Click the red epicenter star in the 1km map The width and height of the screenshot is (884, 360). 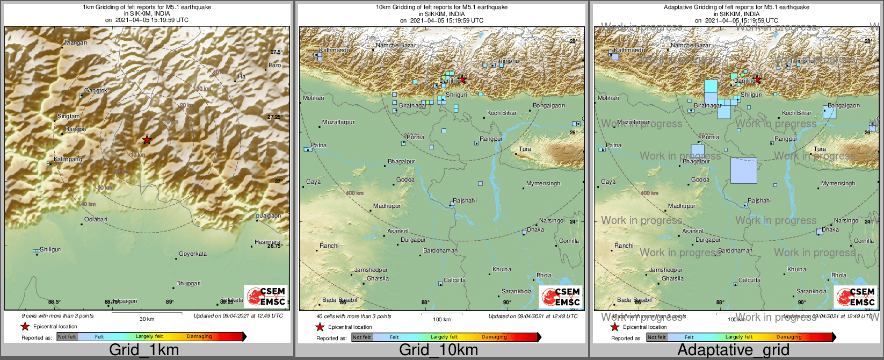click(x=147, y=140)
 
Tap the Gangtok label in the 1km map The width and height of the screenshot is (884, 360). click(x=96, y=91)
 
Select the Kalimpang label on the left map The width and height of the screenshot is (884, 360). click(x=68, y=160)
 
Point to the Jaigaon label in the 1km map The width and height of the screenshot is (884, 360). click(x=271, y=215)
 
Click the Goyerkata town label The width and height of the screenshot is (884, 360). click(x=193, y=254)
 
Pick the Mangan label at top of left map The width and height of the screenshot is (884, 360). click(x=76, y=42)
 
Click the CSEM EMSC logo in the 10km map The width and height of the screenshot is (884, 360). click(x=561, y=297)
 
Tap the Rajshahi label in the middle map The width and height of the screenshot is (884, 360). click(x=465, y=200)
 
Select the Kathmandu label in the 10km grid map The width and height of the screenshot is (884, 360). click(x=334, y=50)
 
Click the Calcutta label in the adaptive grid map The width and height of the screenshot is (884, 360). click(x=749, y=280)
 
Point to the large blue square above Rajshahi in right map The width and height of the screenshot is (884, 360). click(x=744, y=171)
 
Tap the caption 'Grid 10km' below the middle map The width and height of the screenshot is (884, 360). click(x=438, y=350)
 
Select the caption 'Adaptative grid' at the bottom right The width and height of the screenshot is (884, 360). click(x=733, y=350)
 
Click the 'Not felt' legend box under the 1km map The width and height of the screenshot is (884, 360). click(x=67, y=337)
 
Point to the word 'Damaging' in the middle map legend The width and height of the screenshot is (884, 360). click(x=494, y=337)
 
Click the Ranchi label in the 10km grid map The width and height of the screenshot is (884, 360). click(x=329, y=246)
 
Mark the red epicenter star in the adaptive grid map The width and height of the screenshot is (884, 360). click(x=757, y=80)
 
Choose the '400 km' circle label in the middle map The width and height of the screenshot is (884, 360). click(x=354, y=193)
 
